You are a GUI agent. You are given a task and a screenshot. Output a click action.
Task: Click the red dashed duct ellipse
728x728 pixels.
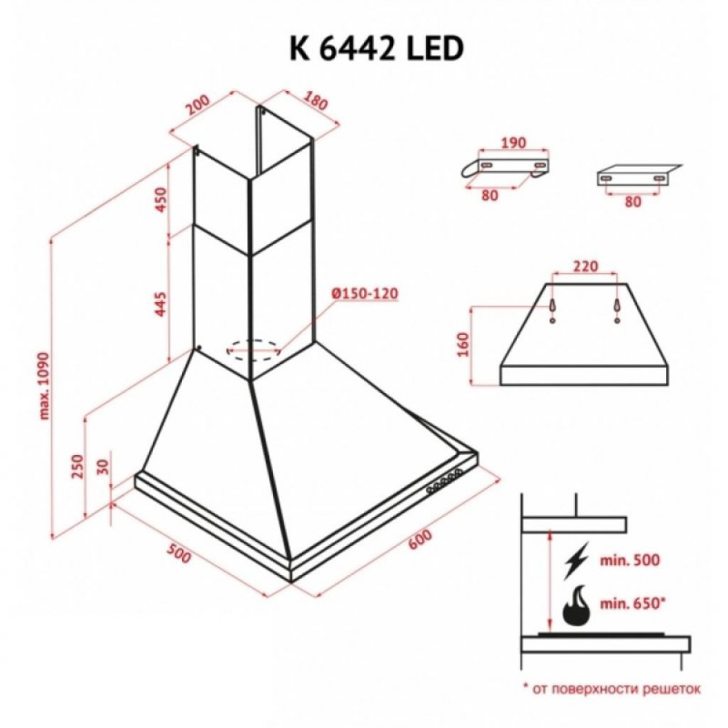coord(254,349)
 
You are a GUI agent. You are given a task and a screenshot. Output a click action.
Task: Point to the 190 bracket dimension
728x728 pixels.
coord(513,143)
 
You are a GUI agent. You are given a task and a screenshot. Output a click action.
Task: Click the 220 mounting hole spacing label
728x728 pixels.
coord(585,266)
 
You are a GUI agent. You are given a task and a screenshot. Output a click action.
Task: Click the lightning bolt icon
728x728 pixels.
coord(577,560)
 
